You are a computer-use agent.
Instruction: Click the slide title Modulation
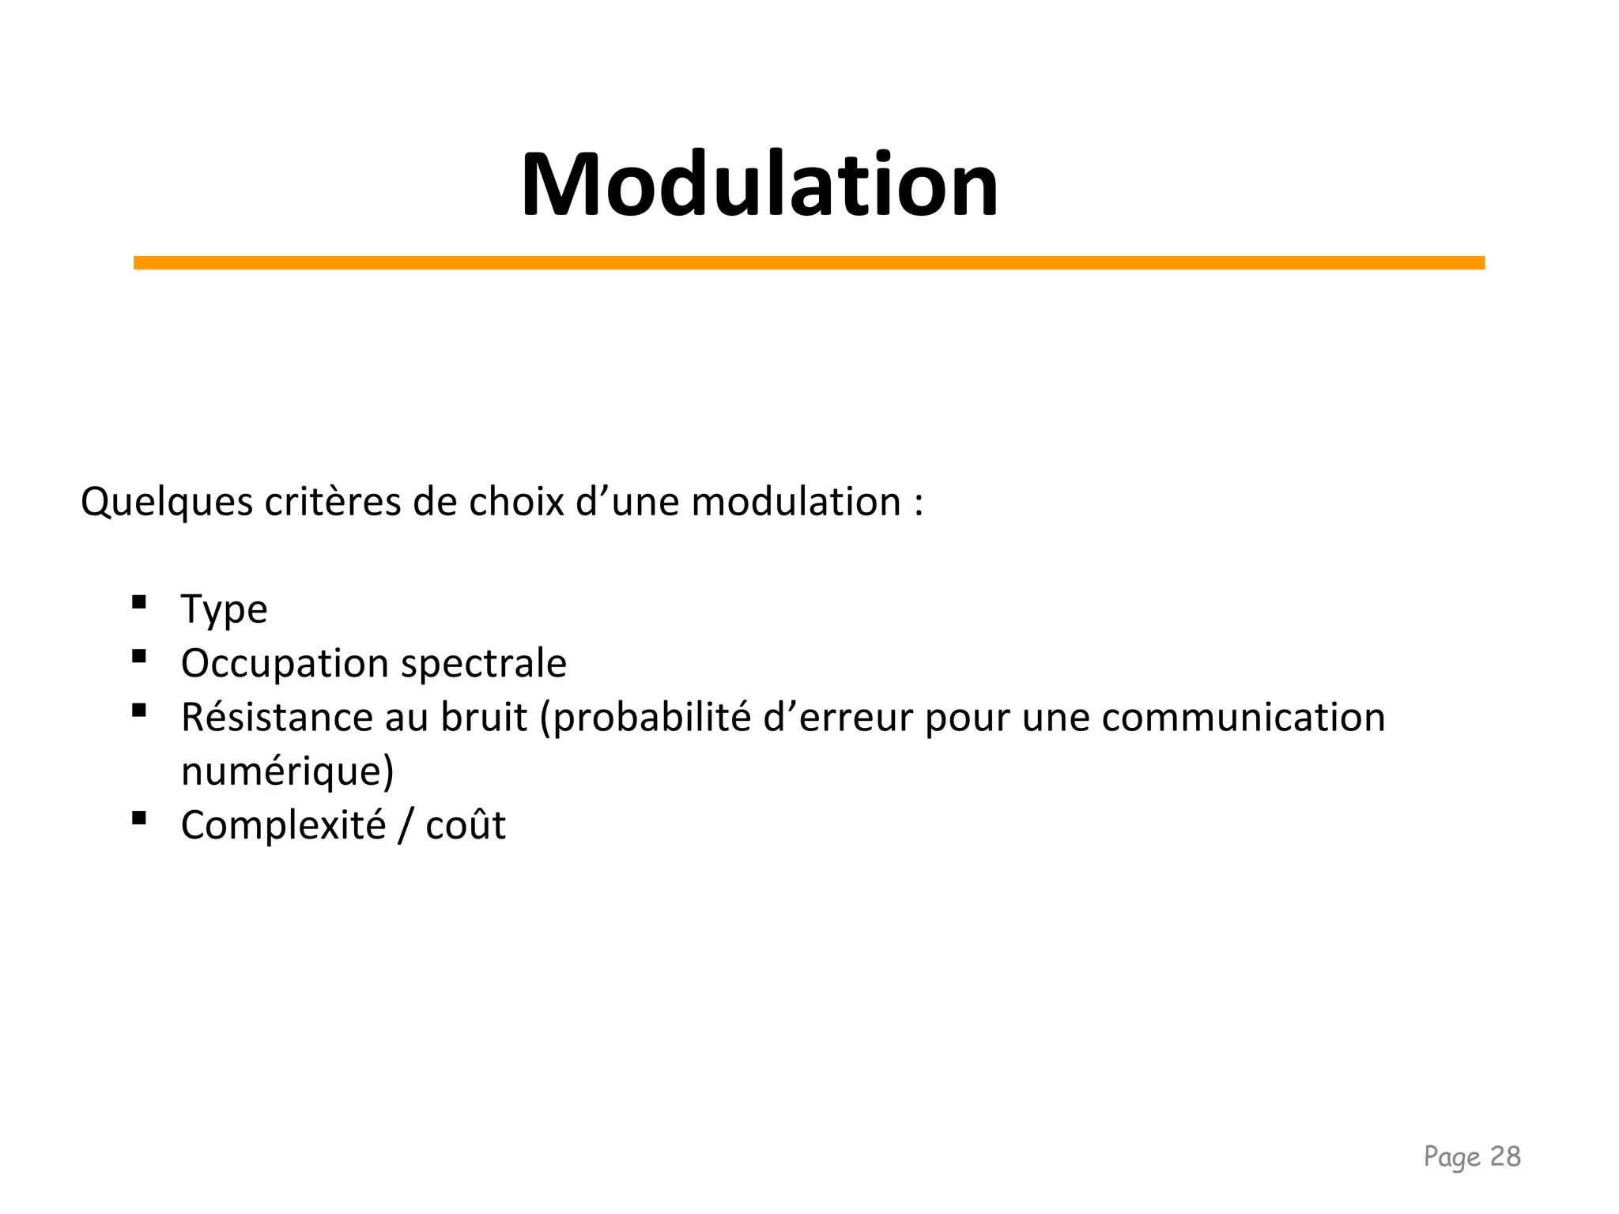759,185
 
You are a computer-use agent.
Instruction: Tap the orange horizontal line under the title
809,262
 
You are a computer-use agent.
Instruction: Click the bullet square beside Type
139,602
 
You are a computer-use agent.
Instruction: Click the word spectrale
484,664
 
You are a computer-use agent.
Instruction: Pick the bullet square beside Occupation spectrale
139,656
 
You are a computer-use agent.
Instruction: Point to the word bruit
483,718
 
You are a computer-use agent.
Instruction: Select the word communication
1243,718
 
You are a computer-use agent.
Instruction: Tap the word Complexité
283,826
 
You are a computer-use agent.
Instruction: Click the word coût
465,826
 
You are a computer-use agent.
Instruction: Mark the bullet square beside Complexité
139,818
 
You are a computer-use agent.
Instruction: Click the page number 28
1504,1156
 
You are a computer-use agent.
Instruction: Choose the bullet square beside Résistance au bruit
139,710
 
